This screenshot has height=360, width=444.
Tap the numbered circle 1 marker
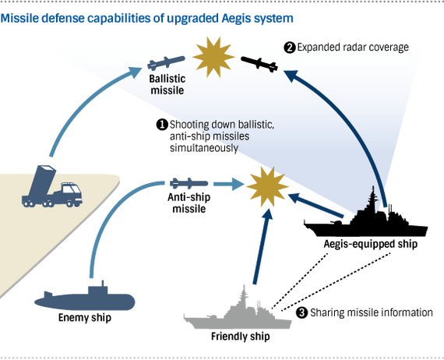[162, 125]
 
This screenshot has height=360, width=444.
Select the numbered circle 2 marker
[290, 48]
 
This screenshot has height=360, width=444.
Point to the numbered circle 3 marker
[302, 312]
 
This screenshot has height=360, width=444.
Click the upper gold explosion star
[213, 57]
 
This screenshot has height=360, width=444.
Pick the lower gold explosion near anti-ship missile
[267, 187]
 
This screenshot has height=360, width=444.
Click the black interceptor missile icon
[259, 64]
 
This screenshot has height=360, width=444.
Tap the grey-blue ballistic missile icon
[166, 63]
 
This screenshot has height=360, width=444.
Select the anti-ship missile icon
[189, 184]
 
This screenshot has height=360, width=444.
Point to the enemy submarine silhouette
[85, 298]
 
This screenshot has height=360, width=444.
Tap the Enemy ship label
[85, 318]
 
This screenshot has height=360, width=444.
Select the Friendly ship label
[241, 337]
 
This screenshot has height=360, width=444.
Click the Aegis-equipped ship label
[371, 244]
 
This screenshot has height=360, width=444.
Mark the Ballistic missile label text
[167, 85]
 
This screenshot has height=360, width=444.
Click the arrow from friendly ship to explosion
[263, 246]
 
